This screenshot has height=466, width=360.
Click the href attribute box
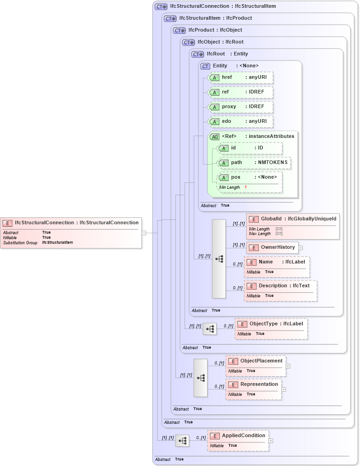coord(240,77)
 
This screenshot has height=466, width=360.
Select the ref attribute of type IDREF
coord(240,92)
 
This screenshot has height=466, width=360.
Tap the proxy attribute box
coord(240,107)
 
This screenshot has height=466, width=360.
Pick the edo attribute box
coord(240,121)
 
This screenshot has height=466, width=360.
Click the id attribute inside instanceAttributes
coord(250,148)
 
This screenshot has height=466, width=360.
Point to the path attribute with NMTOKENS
coord(254,163)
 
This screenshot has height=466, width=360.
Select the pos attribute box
coord(250,177)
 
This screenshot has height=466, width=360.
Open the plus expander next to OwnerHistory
coord(300,248)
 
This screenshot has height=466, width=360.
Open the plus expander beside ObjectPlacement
coord(288,366)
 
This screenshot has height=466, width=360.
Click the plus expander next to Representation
coord(284,389)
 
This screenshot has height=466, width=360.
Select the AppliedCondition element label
coord(244,435)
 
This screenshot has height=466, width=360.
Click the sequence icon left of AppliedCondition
coord(182,441)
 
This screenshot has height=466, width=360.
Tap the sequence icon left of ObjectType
coord(210,329)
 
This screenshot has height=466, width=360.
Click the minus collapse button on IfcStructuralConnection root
coord(144,233)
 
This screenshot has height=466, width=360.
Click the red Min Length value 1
coord(245,187)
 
